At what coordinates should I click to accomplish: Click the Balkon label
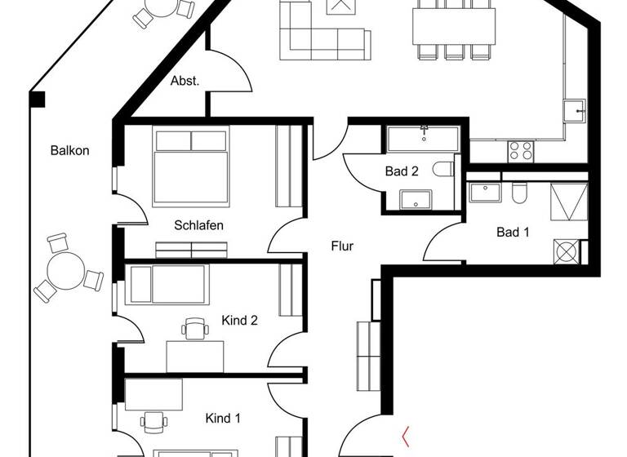[x=69, y=151]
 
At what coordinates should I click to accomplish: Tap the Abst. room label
[x=185, y=82]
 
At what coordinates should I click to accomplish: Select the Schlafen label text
[x=198, y=225]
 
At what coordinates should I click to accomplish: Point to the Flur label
[x=343, y=246]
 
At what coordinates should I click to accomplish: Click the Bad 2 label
[x=402, y=171]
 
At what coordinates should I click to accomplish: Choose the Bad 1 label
[x=513, y=233]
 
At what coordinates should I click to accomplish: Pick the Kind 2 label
[x=240, y=321]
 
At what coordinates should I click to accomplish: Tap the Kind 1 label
[x=223, y=419]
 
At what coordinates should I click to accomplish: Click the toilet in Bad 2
[x=444, y=170]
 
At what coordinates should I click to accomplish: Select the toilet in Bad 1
[x=519, y=193]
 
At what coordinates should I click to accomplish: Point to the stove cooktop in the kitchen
[x=521, y=150]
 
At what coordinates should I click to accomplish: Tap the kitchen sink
[x=576, y=110]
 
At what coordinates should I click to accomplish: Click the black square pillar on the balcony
[x=37, y=100]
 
